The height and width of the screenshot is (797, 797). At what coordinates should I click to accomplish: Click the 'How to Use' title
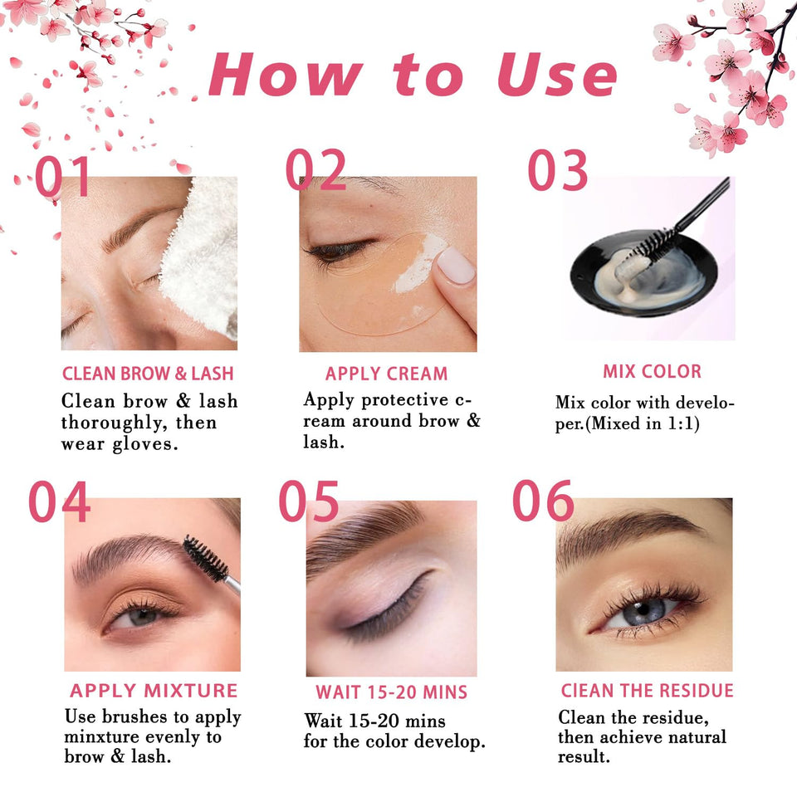click(x=413, y=75)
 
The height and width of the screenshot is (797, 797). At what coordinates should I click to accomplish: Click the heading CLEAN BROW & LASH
click(x=148, y=374)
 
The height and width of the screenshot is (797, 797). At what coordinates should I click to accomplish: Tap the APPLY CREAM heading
click(x=386, y=374)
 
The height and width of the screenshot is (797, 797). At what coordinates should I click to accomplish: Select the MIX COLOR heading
click(x=652, y=371)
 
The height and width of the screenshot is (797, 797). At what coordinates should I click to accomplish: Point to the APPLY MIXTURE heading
click(x=154, y=691)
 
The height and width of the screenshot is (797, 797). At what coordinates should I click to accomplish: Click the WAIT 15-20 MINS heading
click(x=391, y=692)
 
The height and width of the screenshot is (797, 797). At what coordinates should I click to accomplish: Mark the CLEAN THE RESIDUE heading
click(x=647, y=691)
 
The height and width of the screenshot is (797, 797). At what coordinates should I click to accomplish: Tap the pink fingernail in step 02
click(x=455, y=266)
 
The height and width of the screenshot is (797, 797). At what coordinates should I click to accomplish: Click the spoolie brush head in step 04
click(x=204, y=555)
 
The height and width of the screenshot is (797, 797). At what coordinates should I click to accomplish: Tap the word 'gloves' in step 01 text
click(x=149, y=443)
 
